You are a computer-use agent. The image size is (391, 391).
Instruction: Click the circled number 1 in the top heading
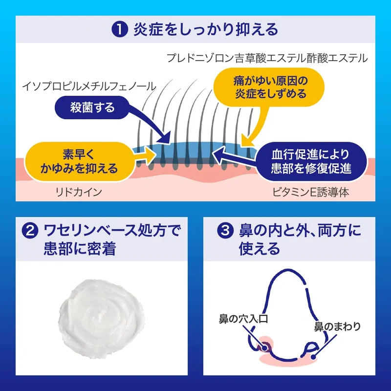pos(120,29)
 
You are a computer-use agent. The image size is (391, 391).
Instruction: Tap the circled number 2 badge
pos(30,230)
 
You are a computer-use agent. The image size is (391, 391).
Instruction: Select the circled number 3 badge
pos(225,230)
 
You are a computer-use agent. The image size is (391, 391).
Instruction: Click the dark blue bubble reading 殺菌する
pos(92,108)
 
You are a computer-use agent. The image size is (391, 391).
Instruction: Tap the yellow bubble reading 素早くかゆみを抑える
pos(79,162)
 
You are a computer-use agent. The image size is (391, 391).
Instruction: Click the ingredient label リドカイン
pos(79,192)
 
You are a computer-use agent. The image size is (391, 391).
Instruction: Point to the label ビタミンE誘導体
pos(311,192)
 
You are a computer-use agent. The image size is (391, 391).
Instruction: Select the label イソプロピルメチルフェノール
pos(89,87)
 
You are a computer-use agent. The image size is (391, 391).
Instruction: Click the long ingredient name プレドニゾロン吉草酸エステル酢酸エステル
pos(267,58)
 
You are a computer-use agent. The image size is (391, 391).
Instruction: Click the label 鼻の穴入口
pos(243,319)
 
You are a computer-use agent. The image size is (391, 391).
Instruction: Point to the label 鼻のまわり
pos(337,326)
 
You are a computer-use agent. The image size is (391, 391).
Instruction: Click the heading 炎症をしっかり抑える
pos(206,29)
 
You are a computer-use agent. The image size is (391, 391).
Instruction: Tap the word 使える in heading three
pos(260,248)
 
